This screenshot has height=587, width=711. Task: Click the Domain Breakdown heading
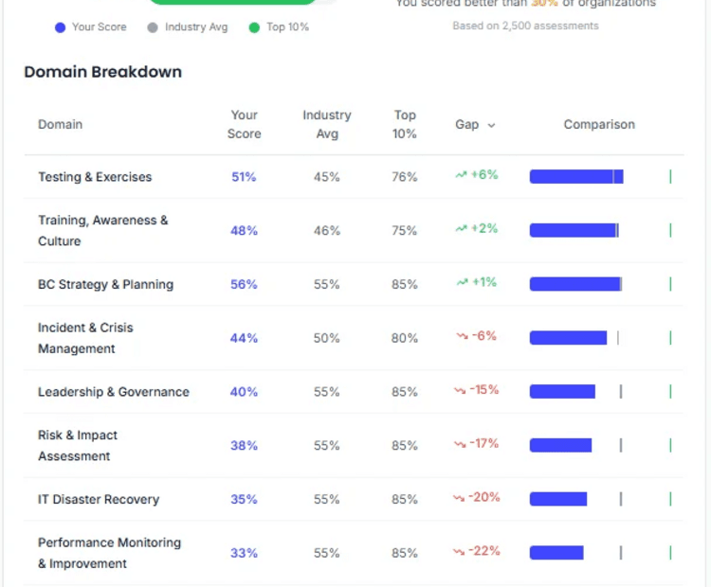pyautogui.click(x=102, y=72)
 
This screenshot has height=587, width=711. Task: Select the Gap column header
pyautogui.click(x=474, y=124)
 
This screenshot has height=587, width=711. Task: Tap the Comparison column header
pyautogui.click(x=599, y=124)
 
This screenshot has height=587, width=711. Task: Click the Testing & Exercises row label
pyautogui.click(x=95, y=177)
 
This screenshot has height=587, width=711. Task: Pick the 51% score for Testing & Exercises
pyautogui.click(x=244, y=177)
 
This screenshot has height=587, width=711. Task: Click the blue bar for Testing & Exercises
pyautogui.click(x=575, y=176)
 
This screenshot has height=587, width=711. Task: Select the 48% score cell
pyautogui.click(x=244, y=230)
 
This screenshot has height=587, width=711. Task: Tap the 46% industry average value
pyautogui.click(x=327, y=230)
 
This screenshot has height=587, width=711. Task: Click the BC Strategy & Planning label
pyautogui.click(x=105, y=284)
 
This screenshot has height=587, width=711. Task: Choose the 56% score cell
pyautogui.click(x=244, y=284)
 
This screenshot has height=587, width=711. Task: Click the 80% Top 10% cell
pyautogui.click(x=405, y=338)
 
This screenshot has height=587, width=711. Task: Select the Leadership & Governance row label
pyautogui.click(x=113, y=392)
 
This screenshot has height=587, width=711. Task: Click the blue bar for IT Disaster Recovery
pyautogui.click(x=558, y=499)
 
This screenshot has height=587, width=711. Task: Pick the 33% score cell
pyautogui.click(x=244, y=553)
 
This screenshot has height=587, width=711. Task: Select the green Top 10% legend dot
pyautogui.click(x=254, y=27)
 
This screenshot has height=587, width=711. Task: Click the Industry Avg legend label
pyautogui.click(x=196, y=27)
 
